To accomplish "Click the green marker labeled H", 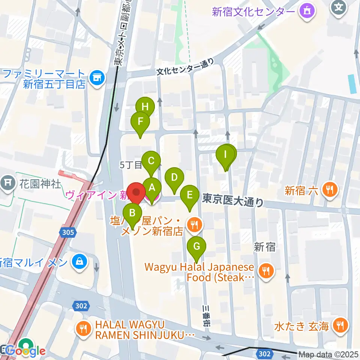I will [x=145, y=106].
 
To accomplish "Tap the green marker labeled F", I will [x=140, y=121].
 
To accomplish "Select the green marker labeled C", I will [x=151, y=161].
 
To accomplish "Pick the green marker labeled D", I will [x=174, y=177].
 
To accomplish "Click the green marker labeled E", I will [x=190, y=195].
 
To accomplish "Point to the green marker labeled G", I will [x=196, y=246].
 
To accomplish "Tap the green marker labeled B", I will [x=132, y=213].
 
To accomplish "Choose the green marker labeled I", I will [x=225, y=154].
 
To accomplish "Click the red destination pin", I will [x=137, y=192].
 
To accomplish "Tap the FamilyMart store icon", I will [x=97, y=79].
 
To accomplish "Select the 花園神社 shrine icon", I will [x=7, y=183].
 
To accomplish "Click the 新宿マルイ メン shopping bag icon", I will [x=79, y=261].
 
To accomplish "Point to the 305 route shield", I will [x=68, y=232].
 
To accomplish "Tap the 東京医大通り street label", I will [x=232, y=201].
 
